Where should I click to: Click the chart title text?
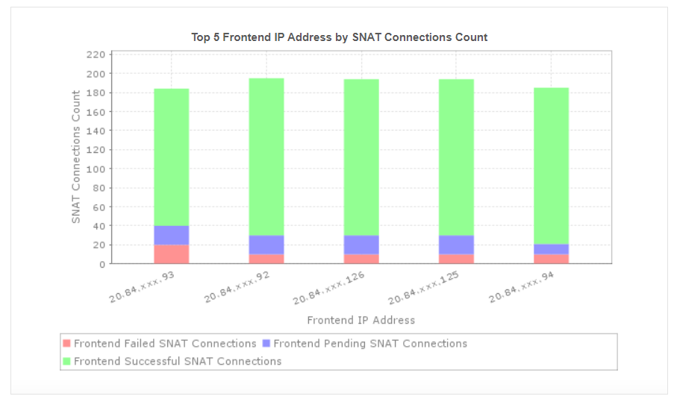[340, 37]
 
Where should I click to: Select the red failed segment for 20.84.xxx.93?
[172, 254]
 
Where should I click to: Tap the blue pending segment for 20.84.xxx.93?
[172, 235]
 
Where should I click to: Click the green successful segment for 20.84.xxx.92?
[266, 157]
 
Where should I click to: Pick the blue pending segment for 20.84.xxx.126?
[361, 245]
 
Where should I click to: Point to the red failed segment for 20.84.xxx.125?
[456, 259]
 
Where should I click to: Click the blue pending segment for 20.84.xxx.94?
[551, 249]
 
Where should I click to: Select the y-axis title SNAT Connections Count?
[76, 157]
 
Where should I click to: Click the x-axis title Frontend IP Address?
[361, 320]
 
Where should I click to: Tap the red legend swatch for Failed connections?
[66, 344]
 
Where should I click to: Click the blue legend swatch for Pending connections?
[266, 344]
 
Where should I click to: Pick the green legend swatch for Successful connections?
[66, 361]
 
